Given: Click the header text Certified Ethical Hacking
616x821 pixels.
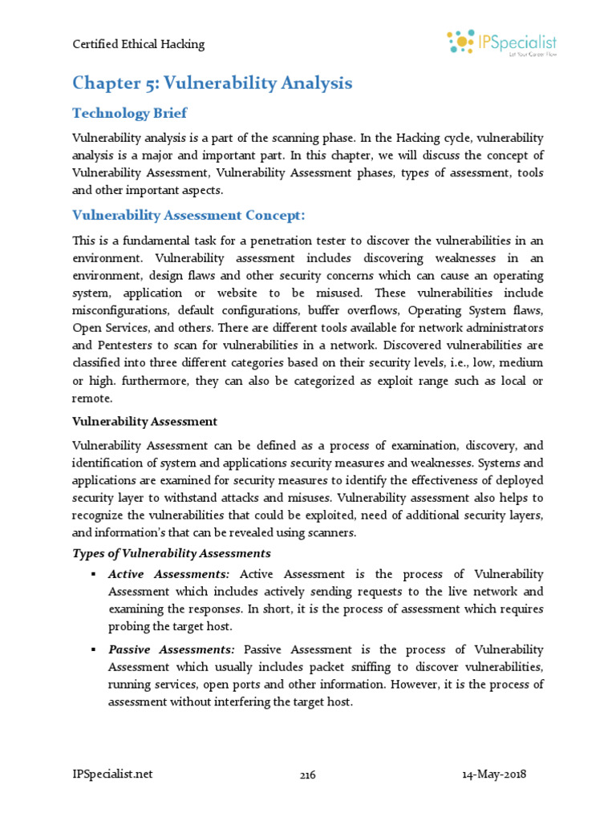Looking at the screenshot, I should pyautogui.click(x=138, y=44).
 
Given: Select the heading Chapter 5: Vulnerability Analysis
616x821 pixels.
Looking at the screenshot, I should pyautogui.click(x=212, y=83).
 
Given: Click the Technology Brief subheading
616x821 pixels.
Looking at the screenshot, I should pyautogui.click(x=130, y=113).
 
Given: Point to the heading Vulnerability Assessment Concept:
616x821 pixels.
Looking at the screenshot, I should pyautogui.click(x=188, y=215).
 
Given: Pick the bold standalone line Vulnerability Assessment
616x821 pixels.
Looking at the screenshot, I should pyautogui.click(x=144, y=422).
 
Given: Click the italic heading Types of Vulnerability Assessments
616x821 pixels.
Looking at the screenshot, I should pyautogui.click(x=172, y=553).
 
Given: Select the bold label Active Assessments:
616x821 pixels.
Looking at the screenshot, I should pyautogui.click(x=168, y=574).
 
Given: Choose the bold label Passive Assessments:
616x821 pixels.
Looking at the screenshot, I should pyautogui.click(x=172, y=649).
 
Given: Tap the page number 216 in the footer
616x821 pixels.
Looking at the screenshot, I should pyautogui.click(x=308, y=775).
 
